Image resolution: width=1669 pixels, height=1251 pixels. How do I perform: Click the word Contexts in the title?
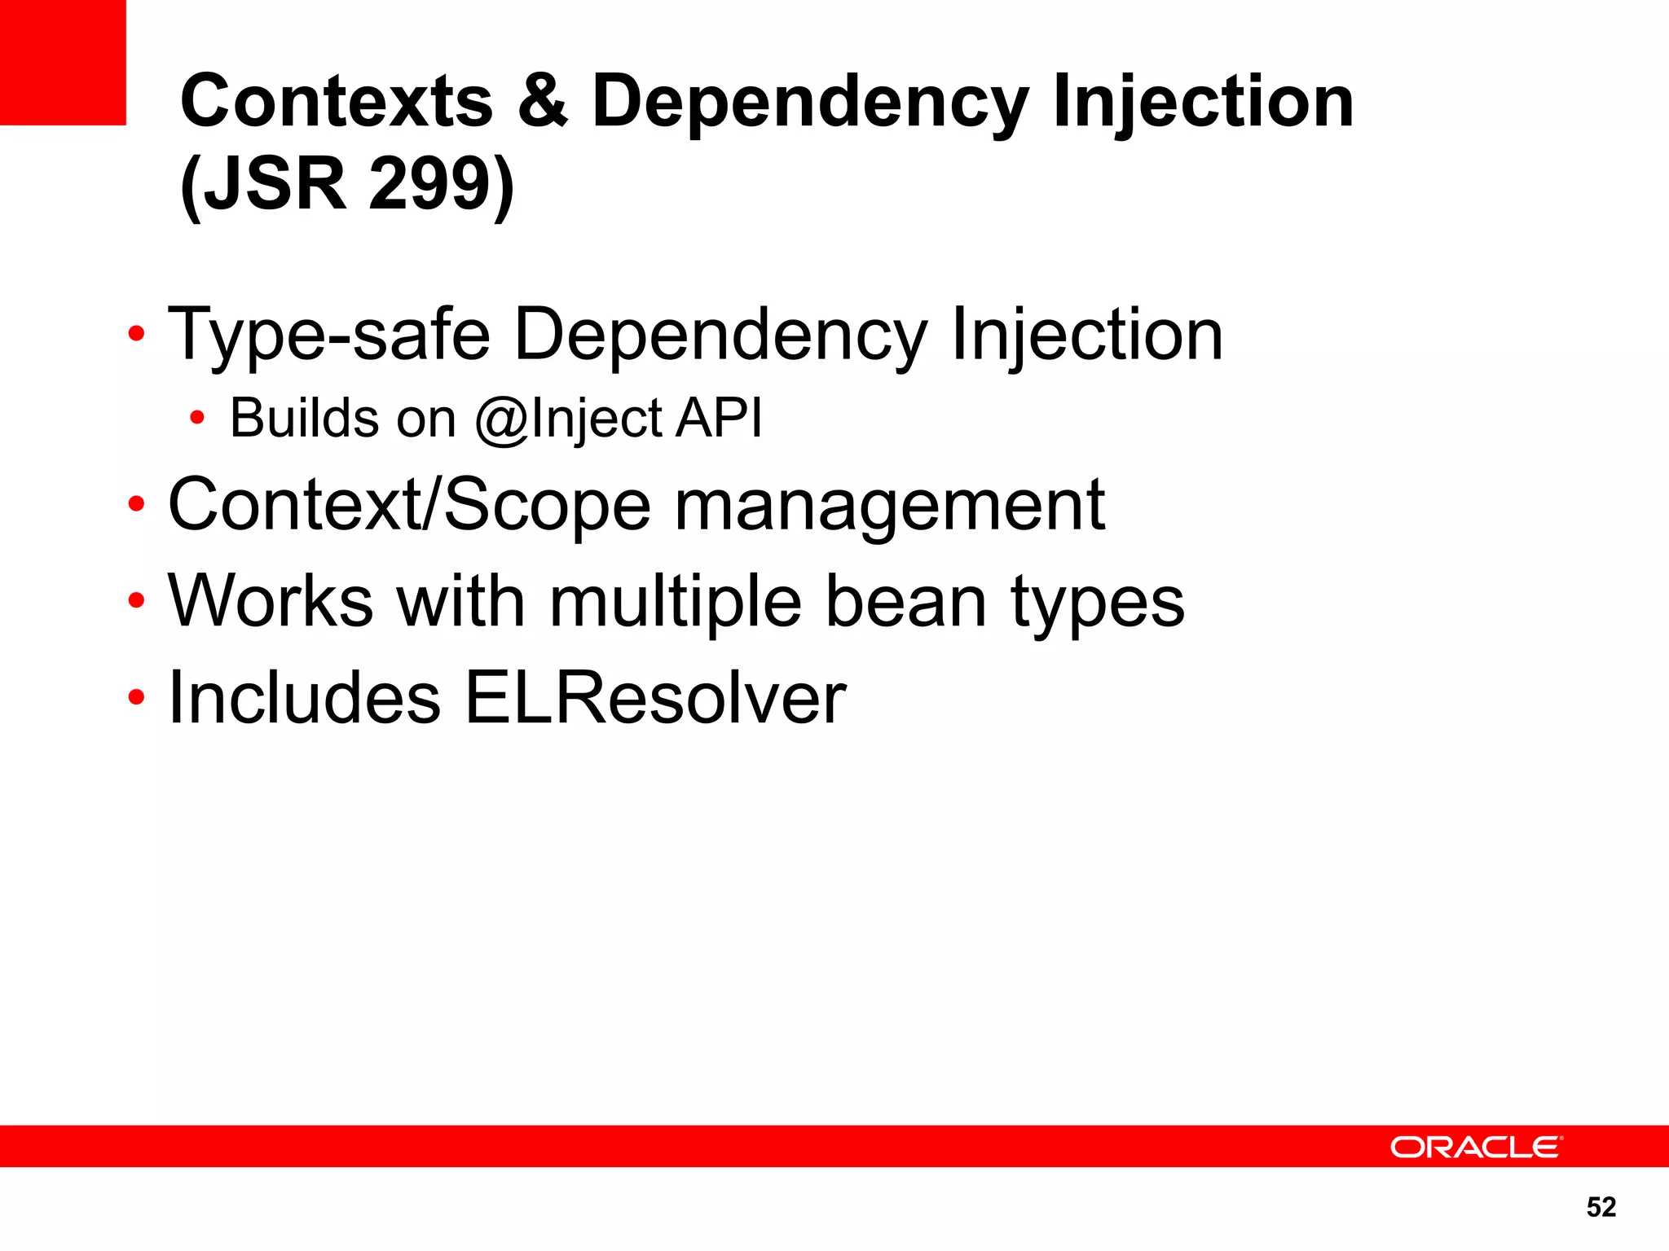tap(337, 102)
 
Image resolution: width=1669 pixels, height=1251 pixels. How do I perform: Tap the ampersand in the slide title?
tap(542, 102)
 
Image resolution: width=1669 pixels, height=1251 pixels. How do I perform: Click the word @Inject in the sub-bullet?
tap(569, 419)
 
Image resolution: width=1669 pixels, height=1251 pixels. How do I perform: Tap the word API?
tap(719, 418)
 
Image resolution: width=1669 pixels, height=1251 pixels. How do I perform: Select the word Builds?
tap(305, 418)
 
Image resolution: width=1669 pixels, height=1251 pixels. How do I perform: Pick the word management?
tap(889, 506)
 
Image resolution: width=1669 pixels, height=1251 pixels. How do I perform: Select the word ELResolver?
tap(655, 698)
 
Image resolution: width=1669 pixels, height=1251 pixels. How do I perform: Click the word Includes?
tap(304, 698)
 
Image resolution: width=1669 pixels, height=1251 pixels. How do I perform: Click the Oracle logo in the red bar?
tap(1476, 1147)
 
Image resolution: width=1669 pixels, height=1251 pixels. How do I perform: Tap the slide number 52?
tap(1601, 1206)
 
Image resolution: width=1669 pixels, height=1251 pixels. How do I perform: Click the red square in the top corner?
tap(63, 62)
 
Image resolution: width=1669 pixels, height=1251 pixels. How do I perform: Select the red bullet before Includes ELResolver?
tap(136, 697)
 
